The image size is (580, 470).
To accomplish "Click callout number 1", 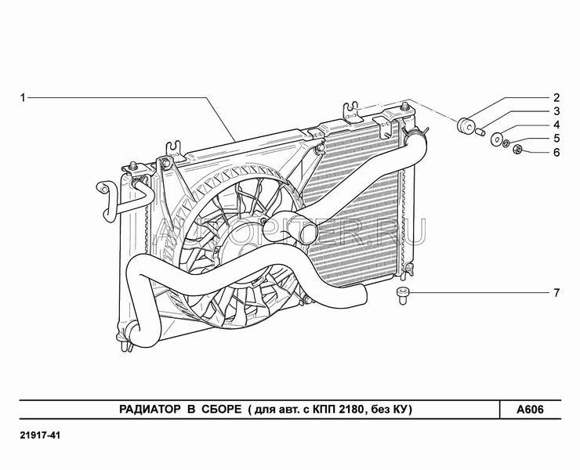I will click(x=24, y=98).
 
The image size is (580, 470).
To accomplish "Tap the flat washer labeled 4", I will click(x=497, y=139).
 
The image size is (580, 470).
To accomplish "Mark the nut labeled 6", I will click(x=518, y=149).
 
